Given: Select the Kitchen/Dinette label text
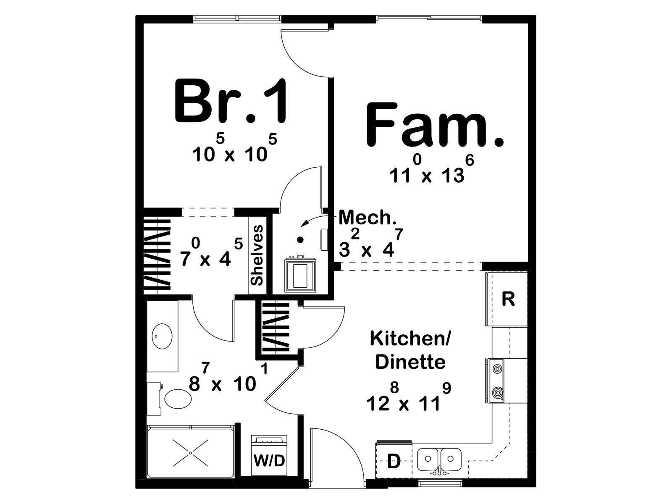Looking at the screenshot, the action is (410, 350).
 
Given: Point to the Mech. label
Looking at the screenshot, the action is (367, 218).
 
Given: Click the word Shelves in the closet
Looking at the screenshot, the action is (257, 255).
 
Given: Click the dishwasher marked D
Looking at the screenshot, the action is (394, 461).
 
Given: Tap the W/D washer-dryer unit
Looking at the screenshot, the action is (269, 455).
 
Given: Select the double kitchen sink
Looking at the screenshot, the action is (439, 459).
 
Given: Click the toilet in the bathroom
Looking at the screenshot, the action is (171, 399).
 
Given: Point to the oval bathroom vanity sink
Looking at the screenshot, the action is (162, 336).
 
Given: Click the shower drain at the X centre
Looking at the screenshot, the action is (190, 453).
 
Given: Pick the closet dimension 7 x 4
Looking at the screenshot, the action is (211, 252).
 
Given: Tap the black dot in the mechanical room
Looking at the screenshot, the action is (301, 239).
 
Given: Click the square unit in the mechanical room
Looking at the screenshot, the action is (300, 274).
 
